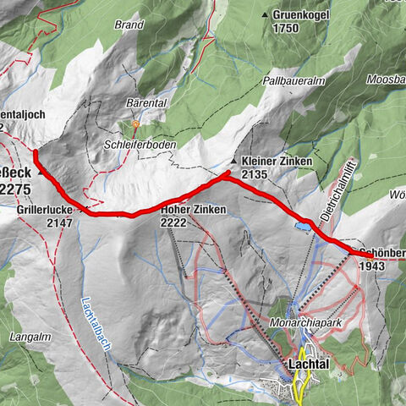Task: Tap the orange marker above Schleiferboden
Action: pyautogui.click(x=134, y=124)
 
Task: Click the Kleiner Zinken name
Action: pyautogui.click(x=277, y=161)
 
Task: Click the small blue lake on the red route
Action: pyautogui.click(x=301, y=225)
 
